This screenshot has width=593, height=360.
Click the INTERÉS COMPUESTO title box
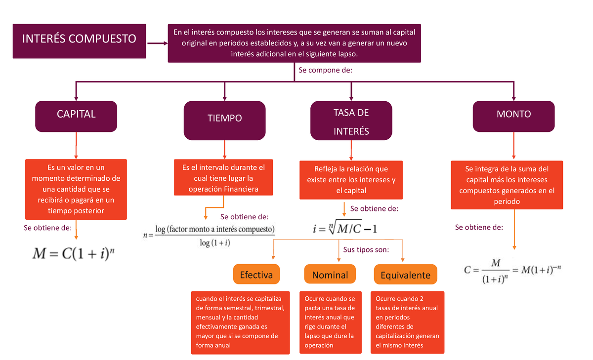80,40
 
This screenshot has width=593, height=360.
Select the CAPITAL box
76,117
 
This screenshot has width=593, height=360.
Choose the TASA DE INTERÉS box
351,120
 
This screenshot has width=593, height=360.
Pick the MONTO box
513,117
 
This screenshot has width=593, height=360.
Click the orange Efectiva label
256,275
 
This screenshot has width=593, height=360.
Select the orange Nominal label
330,275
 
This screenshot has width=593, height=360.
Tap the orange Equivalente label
405,275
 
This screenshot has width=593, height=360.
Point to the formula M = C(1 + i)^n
76,254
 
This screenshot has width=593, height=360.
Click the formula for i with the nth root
345,228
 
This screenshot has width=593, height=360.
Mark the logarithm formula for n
209,236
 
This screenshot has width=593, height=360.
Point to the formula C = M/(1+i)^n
514,271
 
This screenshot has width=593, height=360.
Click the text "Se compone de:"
325,70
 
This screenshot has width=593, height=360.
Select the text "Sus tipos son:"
366,249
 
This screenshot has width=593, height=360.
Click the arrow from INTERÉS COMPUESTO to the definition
157,43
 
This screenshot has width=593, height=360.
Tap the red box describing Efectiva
240,322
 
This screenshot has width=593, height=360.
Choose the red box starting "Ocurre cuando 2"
407,322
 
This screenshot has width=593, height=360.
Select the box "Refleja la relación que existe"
351,180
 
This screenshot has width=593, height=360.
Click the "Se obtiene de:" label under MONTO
479,228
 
